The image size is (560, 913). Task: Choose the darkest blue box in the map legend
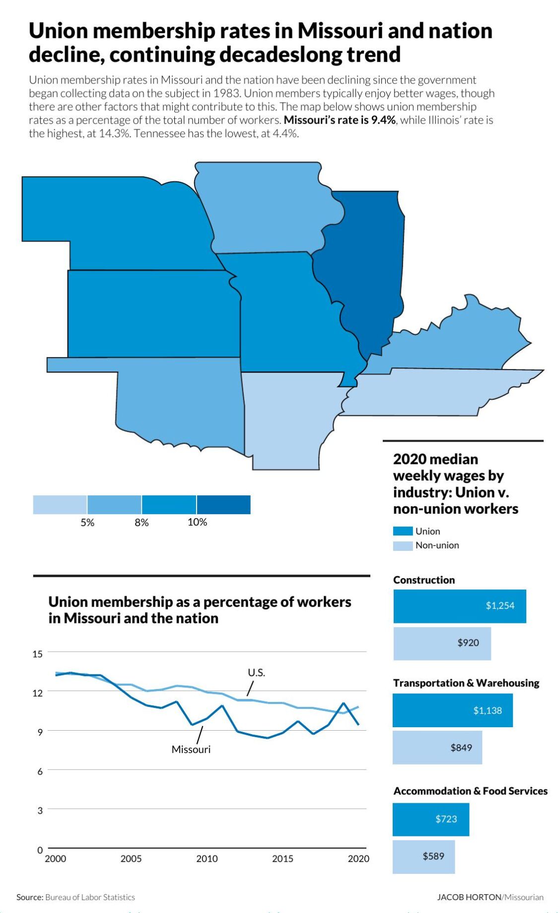tap(223, 505)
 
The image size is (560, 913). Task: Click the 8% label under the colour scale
tap(141, 523)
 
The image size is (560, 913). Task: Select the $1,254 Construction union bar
tap(459, 606)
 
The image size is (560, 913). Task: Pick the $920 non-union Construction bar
tap(442, 643)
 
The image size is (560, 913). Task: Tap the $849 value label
tap(461, 748)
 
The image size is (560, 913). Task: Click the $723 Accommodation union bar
tap(430, 819)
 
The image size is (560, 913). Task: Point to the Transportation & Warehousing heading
tap(466, 683)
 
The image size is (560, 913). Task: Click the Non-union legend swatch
tap(403, 545)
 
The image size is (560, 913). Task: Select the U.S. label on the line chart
tap(256, 673)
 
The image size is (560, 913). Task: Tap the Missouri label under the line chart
tap(191, 749)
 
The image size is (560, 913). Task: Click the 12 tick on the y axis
tap(38, 692)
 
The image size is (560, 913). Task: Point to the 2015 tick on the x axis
tap(282, 858)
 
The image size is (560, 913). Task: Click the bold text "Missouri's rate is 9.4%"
tap(340, 120)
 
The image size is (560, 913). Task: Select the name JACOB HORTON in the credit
tap(469, 897)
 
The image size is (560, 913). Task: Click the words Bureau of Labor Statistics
tap(90, 897)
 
